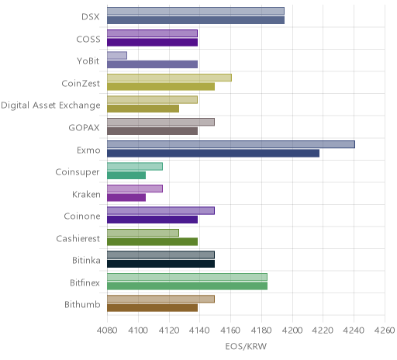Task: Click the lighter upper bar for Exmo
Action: (231, 144)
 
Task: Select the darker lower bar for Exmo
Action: (213, 154)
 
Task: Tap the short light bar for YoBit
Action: (117, 55)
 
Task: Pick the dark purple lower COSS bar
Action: (153, 42)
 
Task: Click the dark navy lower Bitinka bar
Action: (161, 264)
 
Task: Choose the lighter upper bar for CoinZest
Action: (169, 78)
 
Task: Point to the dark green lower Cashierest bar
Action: (153, 242)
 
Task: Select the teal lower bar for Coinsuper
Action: (126, 175)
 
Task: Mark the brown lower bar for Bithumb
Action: (153, 308)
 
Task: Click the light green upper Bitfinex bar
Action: (187, 277)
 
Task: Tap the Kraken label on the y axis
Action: (86, 194)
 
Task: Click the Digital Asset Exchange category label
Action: (50, 106)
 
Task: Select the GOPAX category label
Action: (84, 128)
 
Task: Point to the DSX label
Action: (91, 17)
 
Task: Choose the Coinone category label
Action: (82, 216)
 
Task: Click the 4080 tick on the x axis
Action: (107, 331)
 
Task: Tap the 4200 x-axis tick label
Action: (292, 331)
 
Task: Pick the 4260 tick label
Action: (385, 331)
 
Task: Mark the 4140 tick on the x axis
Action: (199, 331)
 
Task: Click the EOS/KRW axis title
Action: (246, 346)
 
